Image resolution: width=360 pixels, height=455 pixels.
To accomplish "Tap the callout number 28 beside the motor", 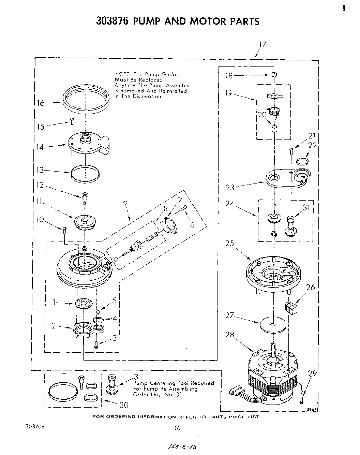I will [x=230, y=335].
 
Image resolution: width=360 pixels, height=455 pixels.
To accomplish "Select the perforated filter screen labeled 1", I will [x=84, y=303].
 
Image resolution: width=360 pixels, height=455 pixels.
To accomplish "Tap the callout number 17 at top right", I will [x=262, y=44].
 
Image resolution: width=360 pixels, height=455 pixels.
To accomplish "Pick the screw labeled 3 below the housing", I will [x=97, y=344].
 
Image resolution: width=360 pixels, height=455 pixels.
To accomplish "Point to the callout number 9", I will [x=125, y=204].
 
